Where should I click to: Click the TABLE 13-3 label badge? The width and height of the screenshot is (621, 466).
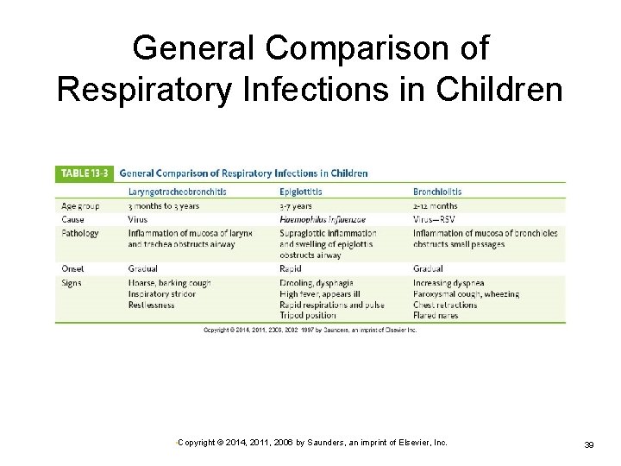(x=83, y=173)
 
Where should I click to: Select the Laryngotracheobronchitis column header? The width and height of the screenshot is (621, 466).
(x=178, y=192)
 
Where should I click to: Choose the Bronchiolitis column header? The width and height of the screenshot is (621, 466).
(x=437, y=192)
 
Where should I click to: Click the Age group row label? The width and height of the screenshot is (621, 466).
(x=80, y=206)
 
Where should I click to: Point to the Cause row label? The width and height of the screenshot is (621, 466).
(x=74, y=219)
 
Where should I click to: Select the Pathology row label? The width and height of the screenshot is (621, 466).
(x=80, y=233)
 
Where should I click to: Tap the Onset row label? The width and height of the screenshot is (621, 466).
(x=74, y=268)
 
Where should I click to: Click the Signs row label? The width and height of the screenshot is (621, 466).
(x=72, y=283)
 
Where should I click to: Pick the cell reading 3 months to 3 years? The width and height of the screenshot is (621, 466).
(x=164, y=206)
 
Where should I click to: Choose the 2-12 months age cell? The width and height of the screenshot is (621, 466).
(x=436, y=206)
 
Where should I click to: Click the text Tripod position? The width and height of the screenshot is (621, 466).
(x=308, y=315)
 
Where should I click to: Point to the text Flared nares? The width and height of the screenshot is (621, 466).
(x=436, y=315)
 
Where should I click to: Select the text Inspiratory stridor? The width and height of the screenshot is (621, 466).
(x=161, y=293)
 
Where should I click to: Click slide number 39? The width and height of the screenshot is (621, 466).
(x=590, y=444)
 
